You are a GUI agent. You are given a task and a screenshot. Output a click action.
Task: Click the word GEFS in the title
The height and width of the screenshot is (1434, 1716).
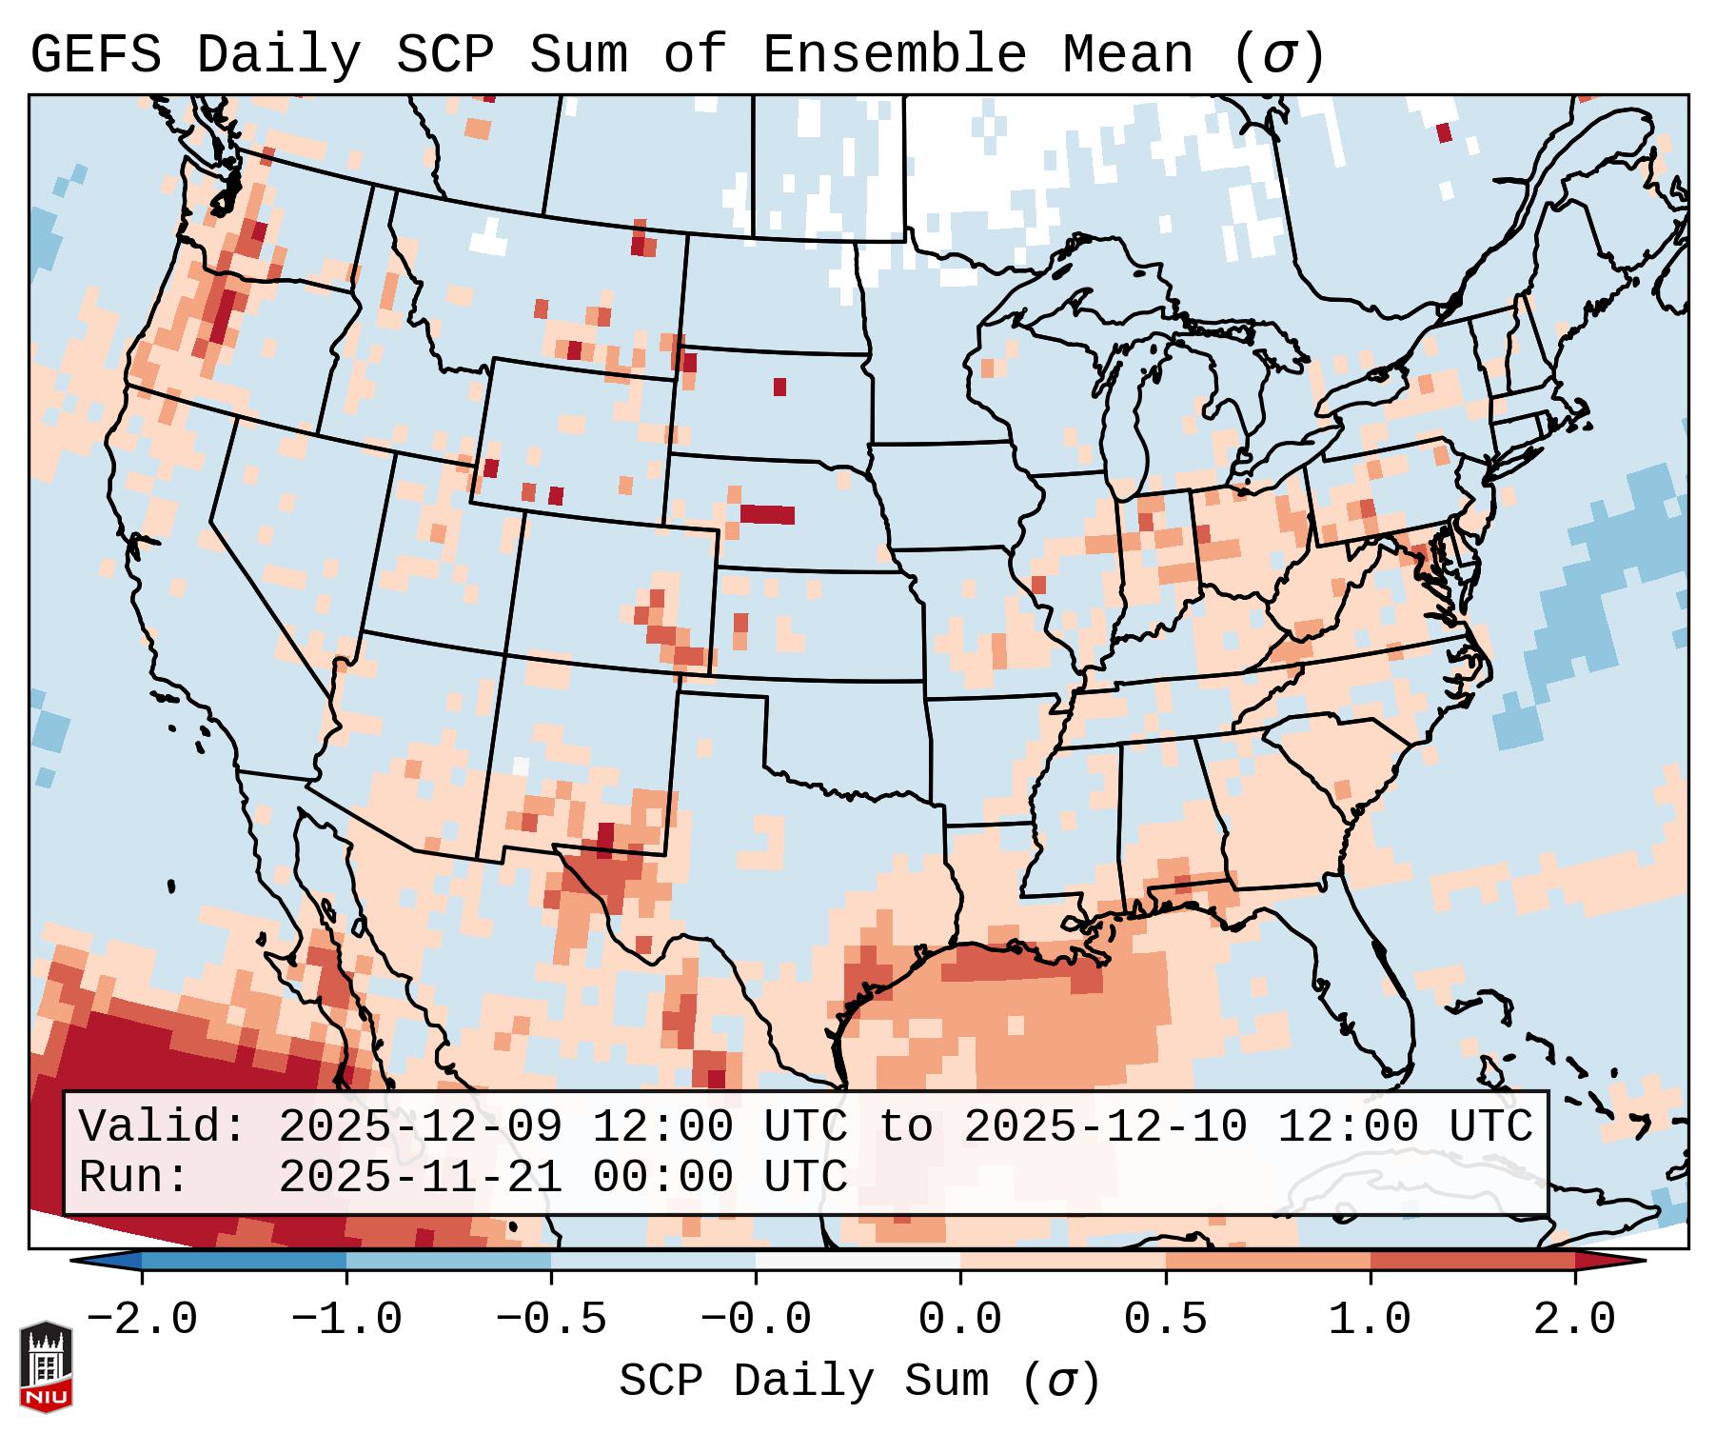(x=95, y=55)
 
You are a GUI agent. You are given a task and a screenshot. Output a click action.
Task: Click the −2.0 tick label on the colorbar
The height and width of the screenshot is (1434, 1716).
(x=142, y=1320)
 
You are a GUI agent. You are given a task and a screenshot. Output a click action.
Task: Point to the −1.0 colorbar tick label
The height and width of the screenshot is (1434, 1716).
(x=346, y=1320)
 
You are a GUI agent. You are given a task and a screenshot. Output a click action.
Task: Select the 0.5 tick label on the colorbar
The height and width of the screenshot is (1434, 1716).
(x=1165, y=1320)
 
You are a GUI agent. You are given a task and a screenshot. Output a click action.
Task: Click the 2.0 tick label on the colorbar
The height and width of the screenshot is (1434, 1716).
(x=1574, y=1320)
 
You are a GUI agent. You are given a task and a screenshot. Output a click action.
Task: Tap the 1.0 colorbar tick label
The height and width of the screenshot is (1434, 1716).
(x=1370, y=1320)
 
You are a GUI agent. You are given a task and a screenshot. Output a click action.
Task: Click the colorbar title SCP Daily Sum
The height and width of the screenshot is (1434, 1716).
(x=805, y=1381)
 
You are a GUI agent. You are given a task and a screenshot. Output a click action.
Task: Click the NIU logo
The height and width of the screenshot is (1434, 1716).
(x=46, y=1367)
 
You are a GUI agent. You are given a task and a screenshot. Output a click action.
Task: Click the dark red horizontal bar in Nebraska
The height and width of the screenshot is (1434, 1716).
(x=767, y=514)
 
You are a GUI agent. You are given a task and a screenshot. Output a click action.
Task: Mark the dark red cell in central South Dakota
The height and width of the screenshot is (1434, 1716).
(x=780, y=387)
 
